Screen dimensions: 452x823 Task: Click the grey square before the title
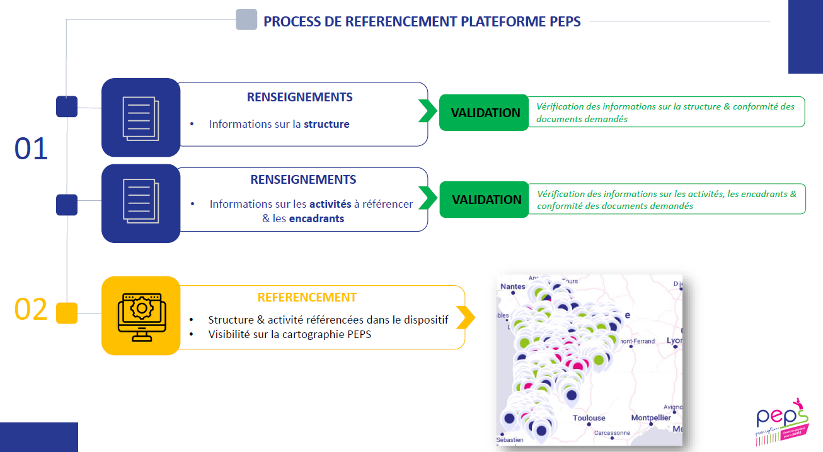pos(246,20)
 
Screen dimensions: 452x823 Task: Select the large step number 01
pos(32,150)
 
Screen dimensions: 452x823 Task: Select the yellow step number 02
pos(32,310)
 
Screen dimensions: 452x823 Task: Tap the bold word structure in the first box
pos(326,125)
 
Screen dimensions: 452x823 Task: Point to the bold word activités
pos(331,204)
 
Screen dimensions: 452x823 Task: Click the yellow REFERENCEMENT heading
pos(307,297)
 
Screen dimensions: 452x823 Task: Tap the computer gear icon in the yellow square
pos(141,316)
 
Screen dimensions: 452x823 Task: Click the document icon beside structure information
pos(141,118)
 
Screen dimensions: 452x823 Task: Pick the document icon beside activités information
pos(141,203)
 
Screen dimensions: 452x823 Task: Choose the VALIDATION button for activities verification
pos(485,200)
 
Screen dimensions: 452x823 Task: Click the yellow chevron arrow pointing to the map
pos(466,317)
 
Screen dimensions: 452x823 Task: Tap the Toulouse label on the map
pos(589,418)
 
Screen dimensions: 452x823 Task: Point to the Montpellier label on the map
pos(651,418)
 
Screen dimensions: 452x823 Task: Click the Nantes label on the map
pos(512,287)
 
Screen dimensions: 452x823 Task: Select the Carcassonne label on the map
pos(611,433)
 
